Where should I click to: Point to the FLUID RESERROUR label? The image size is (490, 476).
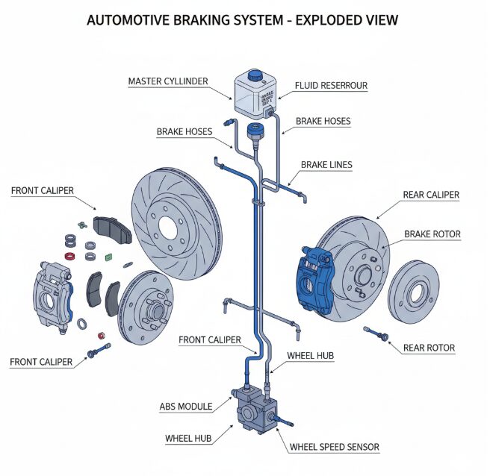[x=332, y=86]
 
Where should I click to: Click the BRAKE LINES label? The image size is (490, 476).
[x=326, y=164]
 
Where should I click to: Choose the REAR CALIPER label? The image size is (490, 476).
[x=431, y=195]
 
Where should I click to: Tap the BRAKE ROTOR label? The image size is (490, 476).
[x=432, y=234]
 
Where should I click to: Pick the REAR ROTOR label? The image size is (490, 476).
[x=429, y=348]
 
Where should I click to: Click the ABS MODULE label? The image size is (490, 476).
[x=186, y=407]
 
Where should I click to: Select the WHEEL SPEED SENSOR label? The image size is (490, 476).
[x=334, y=447]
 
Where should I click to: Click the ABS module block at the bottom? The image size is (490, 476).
[x=254, y=410]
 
